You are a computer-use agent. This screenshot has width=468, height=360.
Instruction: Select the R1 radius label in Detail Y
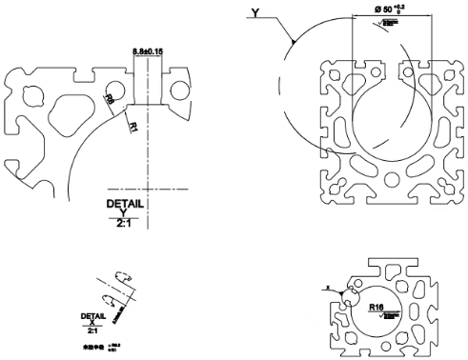point(133,123)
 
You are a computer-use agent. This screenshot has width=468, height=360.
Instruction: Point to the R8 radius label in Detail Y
point(110,99)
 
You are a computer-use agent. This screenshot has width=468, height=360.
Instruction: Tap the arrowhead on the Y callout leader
point(295,43)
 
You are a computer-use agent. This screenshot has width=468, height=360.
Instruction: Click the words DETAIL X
point(92,318)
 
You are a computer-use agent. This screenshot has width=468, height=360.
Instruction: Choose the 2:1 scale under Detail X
point(92,330)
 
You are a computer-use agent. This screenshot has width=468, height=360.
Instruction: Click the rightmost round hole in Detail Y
point(180,91)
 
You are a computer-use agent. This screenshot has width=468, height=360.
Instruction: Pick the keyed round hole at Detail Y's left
point(34,96)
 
